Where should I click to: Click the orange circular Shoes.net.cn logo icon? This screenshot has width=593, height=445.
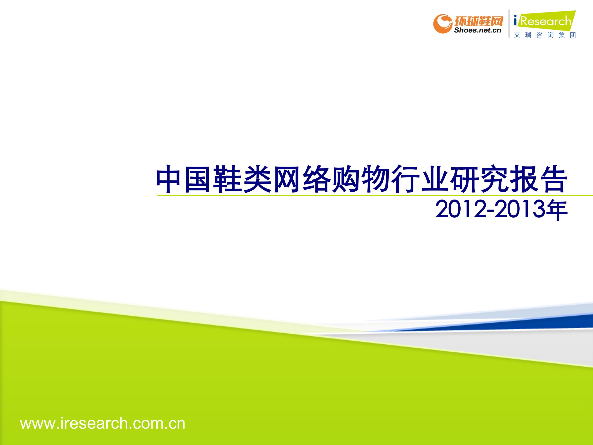(443, 24)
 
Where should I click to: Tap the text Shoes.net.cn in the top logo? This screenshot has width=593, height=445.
(477, 30)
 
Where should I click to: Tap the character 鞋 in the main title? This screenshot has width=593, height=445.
(228, 179)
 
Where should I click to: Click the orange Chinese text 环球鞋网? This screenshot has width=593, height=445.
(478, 20)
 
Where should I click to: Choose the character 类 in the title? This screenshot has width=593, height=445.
(257, 179)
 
